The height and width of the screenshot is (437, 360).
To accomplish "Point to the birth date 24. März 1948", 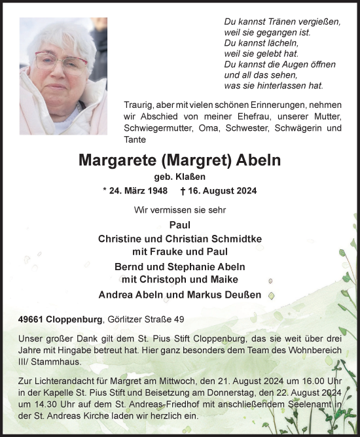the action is (137, 191).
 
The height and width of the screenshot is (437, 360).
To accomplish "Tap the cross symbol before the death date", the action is (183, 191).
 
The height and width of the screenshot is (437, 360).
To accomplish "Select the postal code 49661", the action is (35, 319).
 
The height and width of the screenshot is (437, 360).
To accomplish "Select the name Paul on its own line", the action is (179, 224).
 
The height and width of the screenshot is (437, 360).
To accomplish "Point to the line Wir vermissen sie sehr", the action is (179, 209).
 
